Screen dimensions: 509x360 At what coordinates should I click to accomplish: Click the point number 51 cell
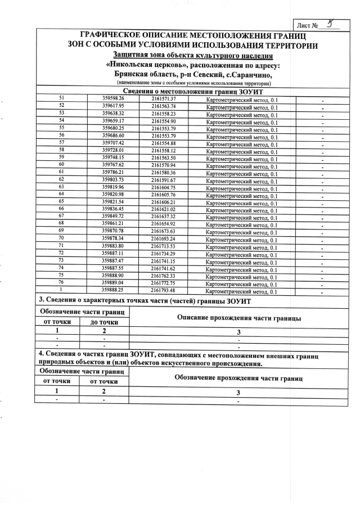(x=61, y=99)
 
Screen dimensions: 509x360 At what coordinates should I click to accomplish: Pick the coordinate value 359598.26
(x=113, y=99)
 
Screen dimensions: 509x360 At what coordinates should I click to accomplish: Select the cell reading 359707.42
(x=113, y=143)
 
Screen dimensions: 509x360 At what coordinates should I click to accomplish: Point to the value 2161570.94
(x=164, y=165)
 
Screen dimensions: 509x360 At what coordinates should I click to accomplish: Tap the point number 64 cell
(x=61, y=194)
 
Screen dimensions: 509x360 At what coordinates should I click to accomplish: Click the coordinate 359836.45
(x=113, y=209)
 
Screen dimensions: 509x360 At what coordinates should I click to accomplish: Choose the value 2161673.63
(x=164, y=231)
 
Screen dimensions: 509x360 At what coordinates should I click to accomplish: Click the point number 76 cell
(x=61, y=282)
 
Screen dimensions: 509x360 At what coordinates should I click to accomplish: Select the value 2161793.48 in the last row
(x=164, y=290)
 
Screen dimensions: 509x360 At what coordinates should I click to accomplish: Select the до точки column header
(x=105, y=322)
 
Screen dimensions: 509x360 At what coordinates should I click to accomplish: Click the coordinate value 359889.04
(x=113, y=282)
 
